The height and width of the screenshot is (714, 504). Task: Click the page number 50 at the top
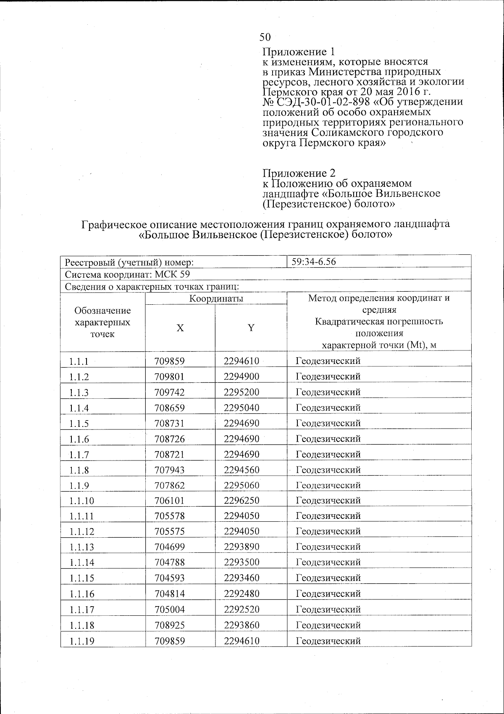point(265,37)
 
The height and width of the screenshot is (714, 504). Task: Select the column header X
point(180,328)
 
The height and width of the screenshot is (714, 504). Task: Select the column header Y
point(251,328)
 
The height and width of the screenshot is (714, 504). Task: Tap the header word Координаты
point(216,298)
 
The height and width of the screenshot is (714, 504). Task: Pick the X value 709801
point(170,377)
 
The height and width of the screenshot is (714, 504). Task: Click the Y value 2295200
point(241,392)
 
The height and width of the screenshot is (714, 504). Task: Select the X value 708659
point(170,408)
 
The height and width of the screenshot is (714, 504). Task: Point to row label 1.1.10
point(82,501)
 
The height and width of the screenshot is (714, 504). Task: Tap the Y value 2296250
point(241,500)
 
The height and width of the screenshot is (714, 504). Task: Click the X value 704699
point(170,547)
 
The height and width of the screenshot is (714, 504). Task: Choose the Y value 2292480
point(241,594)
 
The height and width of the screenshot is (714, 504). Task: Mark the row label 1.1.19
point(82,641)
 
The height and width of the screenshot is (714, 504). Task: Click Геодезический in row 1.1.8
point(328,470)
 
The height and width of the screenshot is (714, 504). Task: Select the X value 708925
point(170,625)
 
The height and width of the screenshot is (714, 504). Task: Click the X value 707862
point(170,485)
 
